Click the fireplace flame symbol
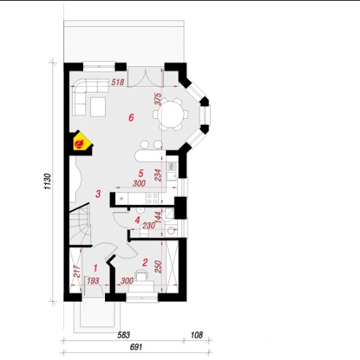[79, 144]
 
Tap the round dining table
[171, 114]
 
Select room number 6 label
[131, 118]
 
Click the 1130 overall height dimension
[47, 181]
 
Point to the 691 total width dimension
[136, 347]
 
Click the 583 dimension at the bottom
[124, 335]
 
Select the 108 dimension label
[196, 335]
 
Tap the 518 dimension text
[118, 82]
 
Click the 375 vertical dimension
[158, 99]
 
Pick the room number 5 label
[141, 173]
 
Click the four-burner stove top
[152, 198]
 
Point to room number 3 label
[98, 194]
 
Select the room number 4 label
[137, 220]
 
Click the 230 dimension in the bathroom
[149, 226]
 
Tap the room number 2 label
[145, 262]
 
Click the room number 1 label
[95, 268]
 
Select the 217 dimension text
[77, 272]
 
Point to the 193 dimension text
[93, 281]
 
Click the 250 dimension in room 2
[158, 267]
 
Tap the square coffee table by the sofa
[98, 107]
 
